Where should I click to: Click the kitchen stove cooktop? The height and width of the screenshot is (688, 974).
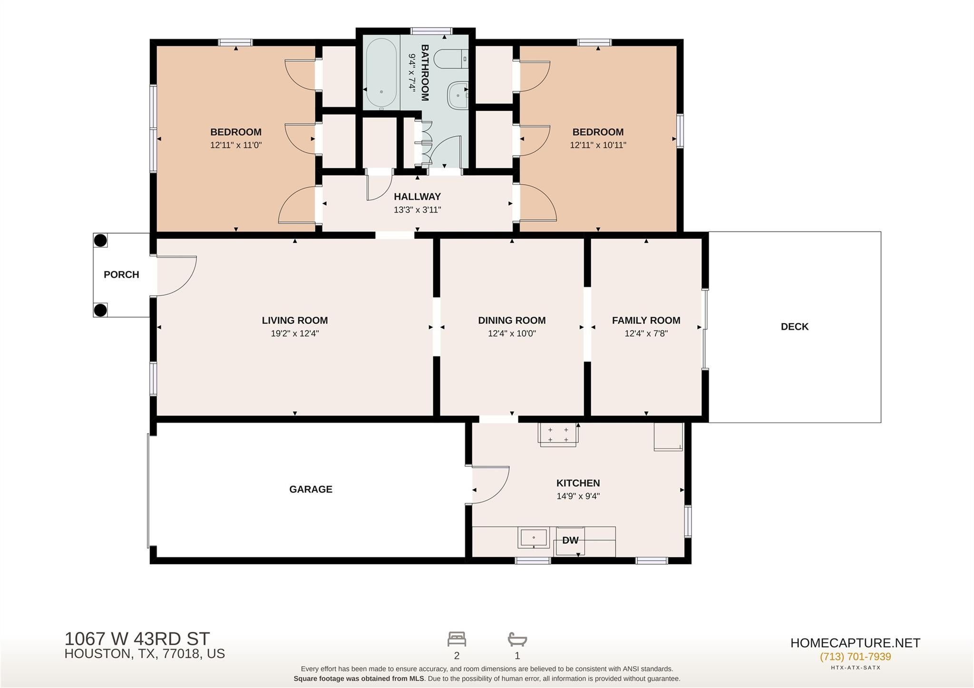click(558, 435)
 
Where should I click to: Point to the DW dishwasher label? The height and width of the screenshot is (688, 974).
click(570, 540)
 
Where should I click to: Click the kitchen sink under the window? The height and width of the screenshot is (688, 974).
click(534, 537)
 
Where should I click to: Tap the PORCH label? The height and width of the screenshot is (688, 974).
click(121, 274)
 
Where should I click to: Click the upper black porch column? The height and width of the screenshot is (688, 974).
click(100, 241)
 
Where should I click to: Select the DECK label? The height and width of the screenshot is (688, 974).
click(795, 327)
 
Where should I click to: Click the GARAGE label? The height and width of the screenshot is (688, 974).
click(311, 489)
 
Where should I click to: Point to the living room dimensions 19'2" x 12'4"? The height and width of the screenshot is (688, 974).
click(295, 334)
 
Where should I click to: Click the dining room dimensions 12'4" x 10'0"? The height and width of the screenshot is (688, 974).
click(512, 334)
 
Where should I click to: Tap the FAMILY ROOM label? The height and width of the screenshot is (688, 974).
click(646, 320)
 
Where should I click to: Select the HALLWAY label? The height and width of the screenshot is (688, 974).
click(417, 196)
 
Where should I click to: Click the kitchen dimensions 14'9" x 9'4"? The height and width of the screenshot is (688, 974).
click(578, 496)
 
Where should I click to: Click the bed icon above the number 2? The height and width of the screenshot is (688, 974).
click(457, 639)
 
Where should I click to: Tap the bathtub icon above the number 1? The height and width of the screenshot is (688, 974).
click(517, 639)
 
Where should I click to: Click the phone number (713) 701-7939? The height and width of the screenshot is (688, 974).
click(855, 657)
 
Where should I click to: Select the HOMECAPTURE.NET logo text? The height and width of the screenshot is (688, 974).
click(855, 643)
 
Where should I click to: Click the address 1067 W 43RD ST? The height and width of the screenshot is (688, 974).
click(137, 638)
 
